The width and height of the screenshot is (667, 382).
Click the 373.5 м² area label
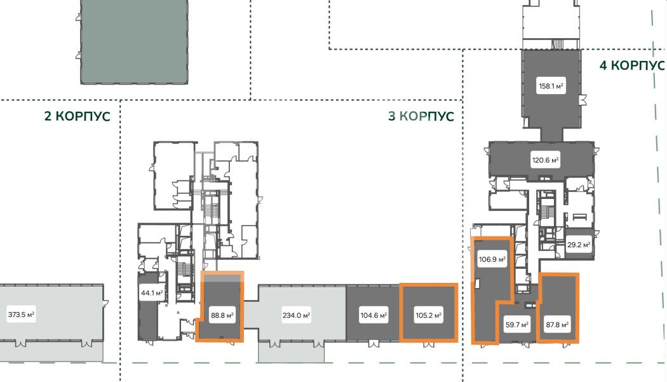[21, 315]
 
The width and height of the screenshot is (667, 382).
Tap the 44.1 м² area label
[152, 293]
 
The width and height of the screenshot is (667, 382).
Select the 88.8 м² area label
[222, 315]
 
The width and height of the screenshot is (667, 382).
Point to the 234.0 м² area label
[296, 315]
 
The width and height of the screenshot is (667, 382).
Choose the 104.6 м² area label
[374, 315]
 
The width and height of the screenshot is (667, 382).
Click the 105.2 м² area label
[428, 315]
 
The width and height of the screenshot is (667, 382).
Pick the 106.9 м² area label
[492, 259]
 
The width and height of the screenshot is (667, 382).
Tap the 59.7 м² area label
[517, 325]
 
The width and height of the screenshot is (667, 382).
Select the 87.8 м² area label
[557, 325]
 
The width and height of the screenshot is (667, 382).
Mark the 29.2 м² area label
[579, 245]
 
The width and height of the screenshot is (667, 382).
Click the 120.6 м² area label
[545, 161]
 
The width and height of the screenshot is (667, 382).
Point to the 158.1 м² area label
[551, 86]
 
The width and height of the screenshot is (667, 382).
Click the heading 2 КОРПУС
[77, 116]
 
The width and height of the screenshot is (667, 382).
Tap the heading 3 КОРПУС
[421, 116]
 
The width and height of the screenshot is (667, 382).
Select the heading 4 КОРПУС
[631, 65]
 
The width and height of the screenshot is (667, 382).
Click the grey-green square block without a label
[135, 41]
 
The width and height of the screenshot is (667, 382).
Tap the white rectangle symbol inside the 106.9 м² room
[478, 283]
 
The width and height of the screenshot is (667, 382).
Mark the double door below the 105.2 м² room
[428, 344]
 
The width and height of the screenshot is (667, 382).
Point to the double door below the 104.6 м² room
[373, 344]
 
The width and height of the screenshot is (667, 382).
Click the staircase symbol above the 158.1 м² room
[557, 44]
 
